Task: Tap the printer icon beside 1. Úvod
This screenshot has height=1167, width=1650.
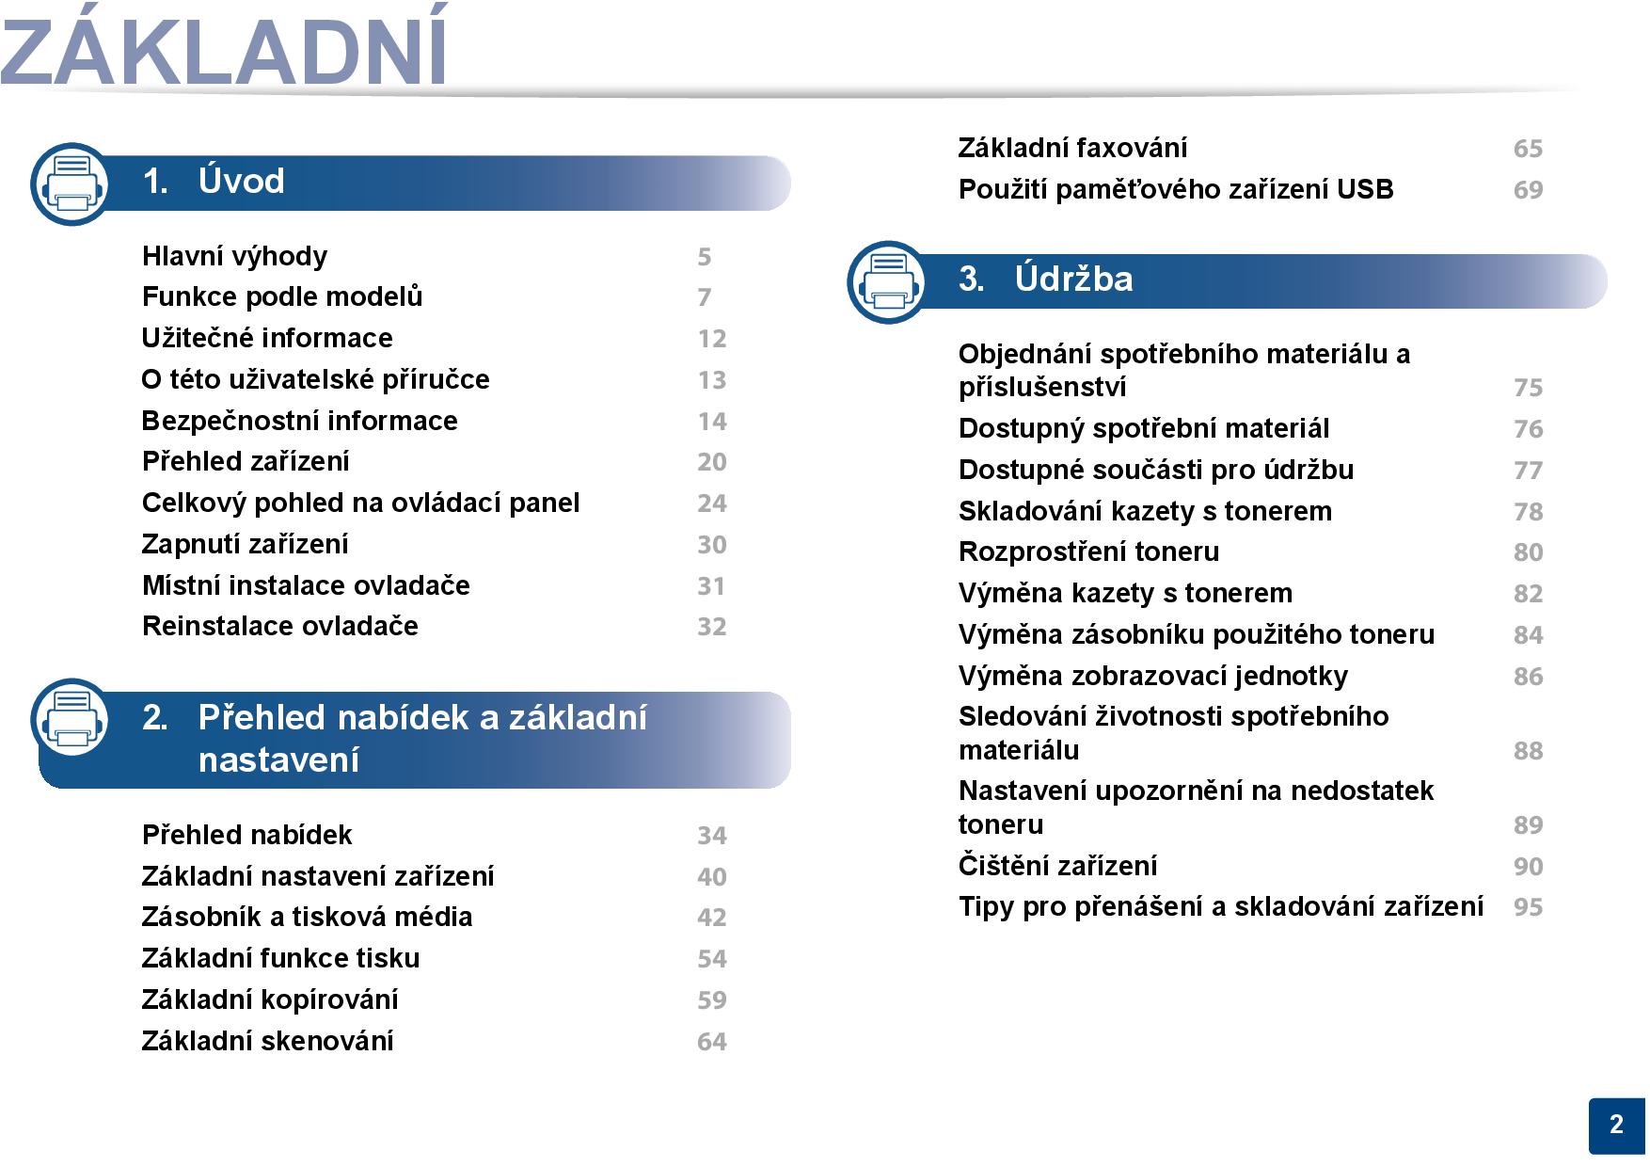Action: coord(71,184)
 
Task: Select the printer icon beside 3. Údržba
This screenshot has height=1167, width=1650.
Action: coord(888,282)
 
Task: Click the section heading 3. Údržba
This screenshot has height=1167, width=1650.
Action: coord(1046,280)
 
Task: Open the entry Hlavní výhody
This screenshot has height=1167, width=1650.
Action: coord(234,256)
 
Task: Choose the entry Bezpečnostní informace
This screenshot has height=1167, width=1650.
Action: coord(299,421)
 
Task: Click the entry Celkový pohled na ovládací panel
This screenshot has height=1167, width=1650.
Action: coord(360,504)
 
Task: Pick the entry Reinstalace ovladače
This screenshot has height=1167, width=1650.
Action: coord(279,627)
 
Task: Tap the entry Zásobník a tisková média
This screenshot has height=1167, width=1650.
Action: coord(307,918)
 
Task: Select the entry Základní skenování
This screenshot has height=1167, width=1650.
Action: coord(267,1041)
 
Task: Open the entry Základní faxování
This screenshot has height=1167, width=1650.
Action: coord(1072,149)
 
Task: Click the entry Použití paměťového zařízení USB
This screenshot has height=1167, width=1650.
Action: coord(1176,190)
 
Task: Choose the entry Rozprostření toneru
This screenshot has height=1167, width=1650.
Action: coord(1088,552)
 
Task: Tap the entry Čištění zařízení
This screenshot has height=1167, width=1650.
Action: coord(1057,866)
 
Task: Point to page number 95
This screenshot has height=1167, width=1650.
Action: coord(1528,907)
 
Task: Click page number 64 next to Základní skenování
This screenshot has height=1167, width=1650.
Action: coord(711,1042)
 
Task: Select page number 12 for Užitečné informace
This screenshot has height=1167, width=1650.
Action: coord(711,339)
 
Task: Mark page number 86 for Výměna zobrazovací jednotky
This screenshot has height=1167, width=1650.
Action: coord(1528,677)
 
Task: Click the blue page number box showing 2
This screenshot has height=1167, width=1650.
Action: coord(1617,1126)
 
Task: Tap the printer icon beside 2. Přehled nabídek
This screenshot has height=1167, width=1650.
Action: coord(71,719)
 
